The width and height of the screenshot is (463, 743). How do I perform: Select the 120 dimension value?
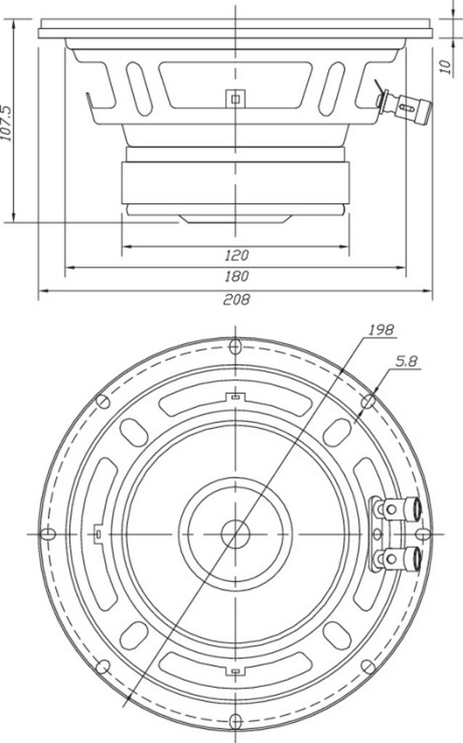pos(236,256)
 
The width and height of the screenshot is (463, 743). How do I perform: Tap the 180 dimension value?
pos(236,276)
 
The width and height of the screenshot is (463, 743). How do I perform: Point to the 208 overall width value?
pos(236,300)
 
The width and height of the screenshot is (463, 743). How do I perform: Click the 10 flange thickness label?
pos(446,66)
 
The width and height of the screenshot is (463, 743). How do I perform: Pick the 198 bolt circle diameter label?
pos(381,329)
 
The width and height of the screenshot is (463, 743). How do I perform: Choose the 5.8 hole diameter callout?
pos(406,361)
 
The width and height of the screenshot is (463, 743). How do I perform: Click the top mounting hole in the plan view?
pos(235,347)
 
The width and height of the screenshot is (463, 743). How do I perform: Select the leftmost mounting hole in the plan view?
pos(48,535)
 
